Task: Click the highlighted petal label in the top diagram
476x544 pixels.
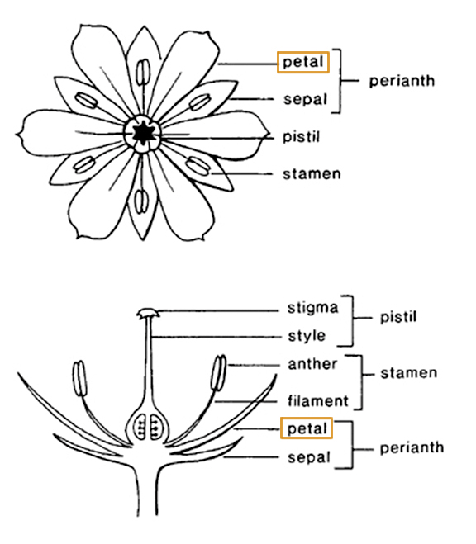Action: (x=303, y=62)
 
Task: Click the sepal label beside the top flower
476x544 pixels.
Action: (x=305, y=99)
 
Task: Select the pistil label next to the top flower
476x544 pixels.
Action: (x=301, y=136)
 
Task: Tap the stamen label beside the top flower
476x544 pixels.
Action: (x=312, y=174)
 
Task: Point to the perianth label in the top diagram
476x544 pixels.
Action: (x=402, y=81)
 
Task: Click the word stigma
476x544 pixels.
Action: (x=312, y=308)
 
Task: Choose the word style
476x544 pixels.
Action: (x=307, y=336)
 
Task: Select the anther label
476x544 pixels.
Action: (x=312, y=364)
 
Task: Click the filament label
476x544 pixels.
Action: (x=317, y=400)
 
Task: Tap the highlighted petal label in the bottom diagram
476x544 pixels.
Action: (x=307, y=428)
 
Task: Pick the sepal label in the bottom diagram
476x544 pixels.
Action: (x=308, y=457)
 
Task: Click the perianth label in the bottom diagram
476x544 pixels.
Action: (x=412, y=448)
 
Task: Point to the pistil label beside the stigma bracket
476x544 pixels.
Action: (x=398, y=317)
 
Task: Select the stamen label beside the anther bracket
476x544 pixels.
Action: (x=408, y=373)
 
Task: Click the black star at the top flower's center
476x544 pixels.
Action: (x=142, y=133)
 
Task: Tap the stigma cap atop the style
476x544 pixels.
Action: (x=148, y=313)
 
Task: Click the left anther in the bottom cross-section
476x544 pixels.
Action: (x=79, y=379)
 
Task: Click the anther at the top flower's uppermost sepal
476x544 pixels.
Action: (x=143, y=72)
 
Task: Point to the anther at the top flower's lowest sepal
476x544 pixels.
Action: (x=141, y=201)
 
